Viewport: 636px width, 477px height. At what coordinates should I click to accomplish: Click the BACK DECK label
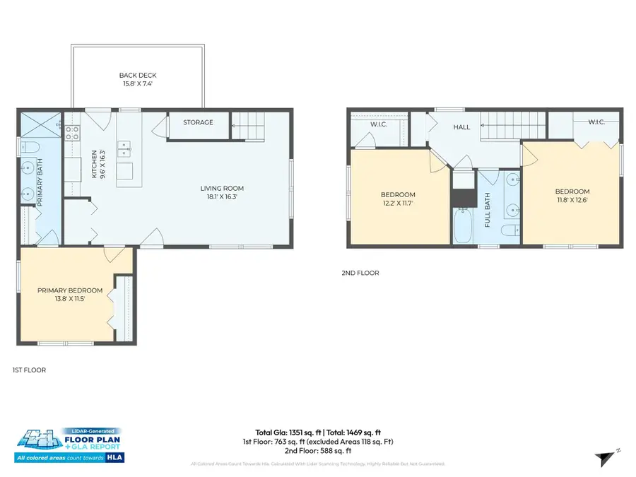pyautogui.click(x=137, y=75)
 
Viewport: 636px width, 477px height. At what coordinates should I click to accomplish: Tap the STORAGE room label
pyautogui.click(x=198, y=122)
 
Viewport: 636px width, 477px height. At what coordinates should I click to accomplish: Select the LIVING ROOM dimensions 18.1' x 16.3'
pyautogui.click(x=222, y=197)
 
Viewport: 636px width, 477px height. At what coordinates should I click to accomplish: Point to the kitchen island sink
pyautogui.click(x=124, y=148)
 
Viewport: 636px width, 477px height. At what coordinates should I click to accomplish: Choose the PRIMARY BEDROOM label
pyautogui.click(x=70, y=290)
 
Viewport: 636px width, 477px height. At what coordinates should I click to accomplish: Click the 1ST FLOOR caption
pyautogui.click(x=29, y=370)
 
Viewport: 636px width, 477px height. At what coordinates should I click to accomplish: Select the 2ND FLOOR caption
pyautogui.click(x=360, y=273)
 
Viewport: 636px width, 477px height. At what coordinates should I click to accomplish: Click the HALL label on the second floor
pyautogui.click(x=462, y=127)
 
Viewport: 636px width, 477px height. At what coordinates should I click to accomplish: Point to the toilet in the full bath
pyautogui.click(x=508, y=231)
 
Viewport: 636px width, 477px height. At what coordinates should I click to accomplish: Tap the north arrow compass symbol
pyautogui.click(x=603, y=459)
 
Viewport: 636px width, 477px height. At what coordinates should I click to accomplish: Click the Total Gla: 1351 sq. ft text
pyautogui.click(x=286, y=432)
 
